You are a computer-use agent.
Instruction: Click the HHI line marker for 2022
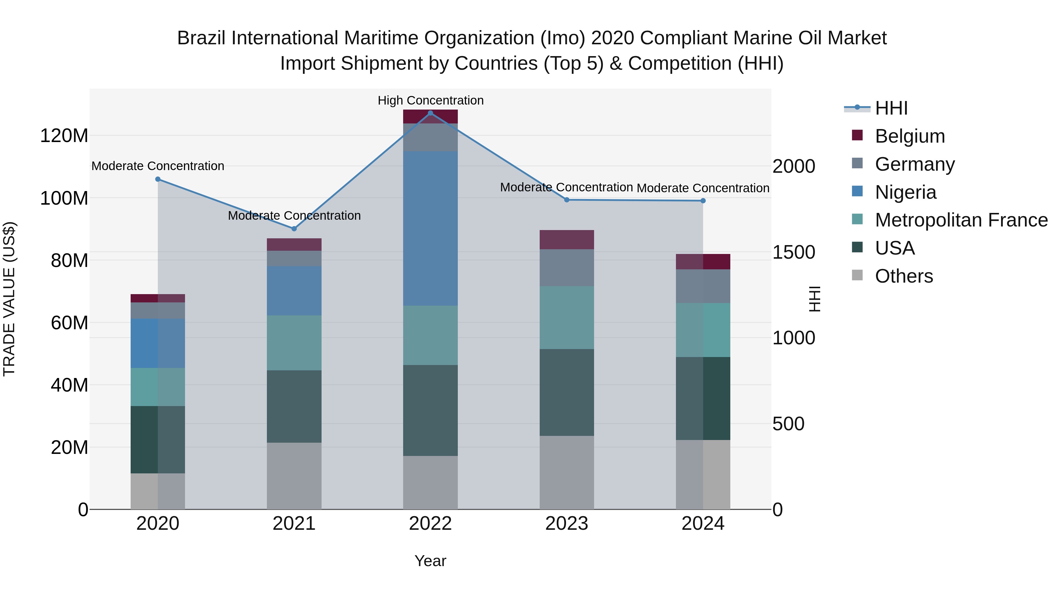430,113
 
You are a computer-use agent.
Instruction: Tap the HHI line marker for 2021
294,229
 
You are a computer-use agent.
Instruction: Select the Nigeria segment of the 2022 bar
430,228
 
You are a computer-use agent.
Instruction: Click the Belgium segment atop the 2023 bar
567,239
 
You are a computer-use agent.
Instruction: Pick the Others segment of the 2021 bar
294,476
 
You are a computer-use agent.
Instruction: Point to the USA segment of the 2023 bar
567,392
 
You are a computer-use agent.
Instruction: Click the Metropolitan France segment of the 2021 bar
294,343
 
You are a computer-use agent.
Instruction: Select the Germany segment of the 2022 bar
430,137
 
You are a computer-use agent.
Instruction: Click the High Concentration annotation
430,100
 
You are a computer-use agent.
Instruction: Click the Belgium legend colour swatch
857,135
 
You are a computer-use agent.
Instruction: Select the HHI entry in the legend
891,108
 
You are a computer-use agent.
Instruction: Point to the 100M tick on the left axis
64,198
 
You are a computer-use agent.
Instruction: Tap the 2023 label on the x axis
567,524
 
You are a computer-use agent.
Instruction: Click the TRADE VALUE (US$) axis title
9,299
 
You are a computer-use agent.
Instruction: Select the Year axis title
430,561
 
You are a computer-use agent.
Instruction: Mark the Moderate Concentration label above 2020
158,166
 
